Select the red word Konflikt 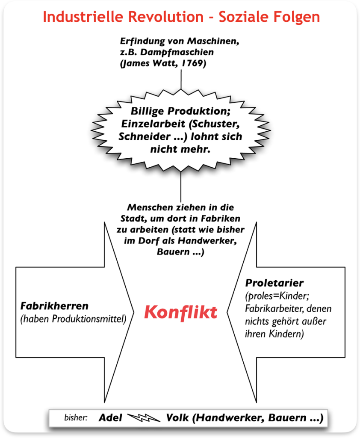pos(180,312)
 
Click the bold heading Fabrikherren pos(54,306)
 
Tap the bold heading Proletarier pos(274,283)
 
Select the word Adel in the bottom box pos(111,418)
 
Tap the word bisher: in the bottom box pos(76,418)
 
